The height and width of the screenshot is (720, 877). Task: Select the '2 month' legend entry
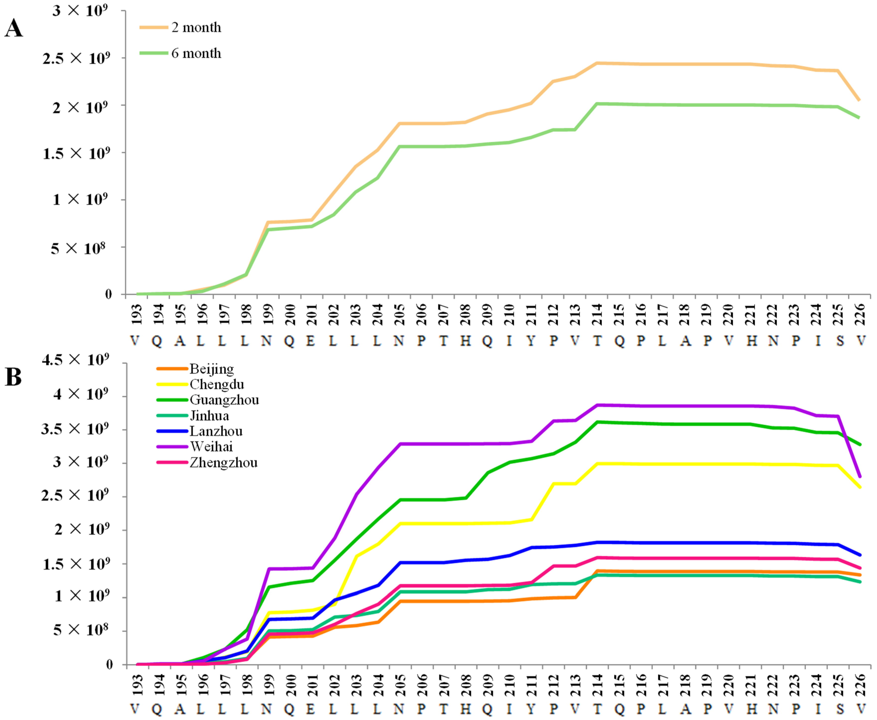196,27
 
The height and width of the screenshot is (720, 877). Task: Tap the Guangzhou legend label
224,400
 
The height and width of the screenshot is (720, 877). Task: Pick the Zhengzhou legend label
223,463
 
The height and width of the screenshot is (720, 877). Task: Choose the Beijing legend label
212,369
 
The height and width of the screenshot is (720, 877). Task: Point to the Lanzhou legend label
216,431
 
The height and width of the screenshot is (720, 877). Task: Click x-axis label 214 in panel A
597,314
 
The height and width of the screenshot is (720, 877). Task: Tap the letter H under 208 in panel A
465,341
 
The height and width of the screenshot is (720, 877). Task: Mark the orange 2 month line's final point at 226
859,100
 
